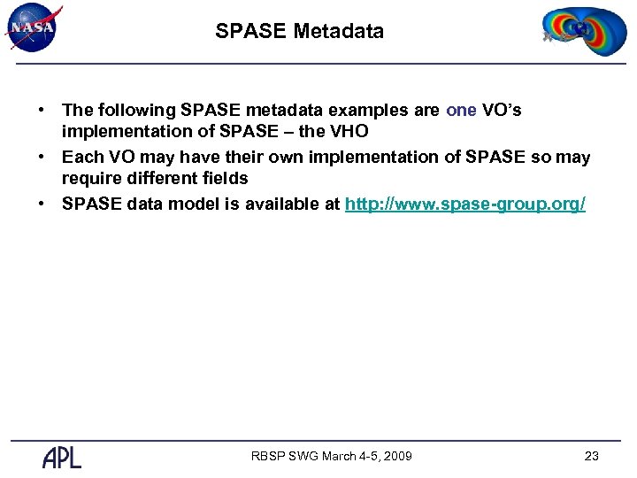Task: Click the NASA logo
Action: pos(33,27)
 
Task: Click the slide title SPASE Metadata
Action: pos(299,32)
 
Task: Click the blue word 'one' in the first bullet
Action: pos(461,111)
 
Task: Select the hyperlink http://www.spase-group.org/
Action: pos(464,204)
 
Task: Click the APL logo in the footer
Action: pos(62,457)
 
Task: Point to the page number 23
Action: pos(592,456)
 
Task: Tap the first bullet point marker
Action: pos(42,111)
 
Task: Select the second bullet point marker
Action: pos(42,158)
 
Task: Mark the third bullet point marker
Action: pos(42,204)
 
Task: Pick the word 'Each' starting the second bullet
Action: pos(81,158)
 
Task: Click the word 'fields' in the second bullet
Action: pos(223,179)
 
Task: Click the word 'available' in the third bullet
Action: pos(287,204)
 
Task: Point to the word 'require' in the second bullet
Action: pos(89,179)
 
